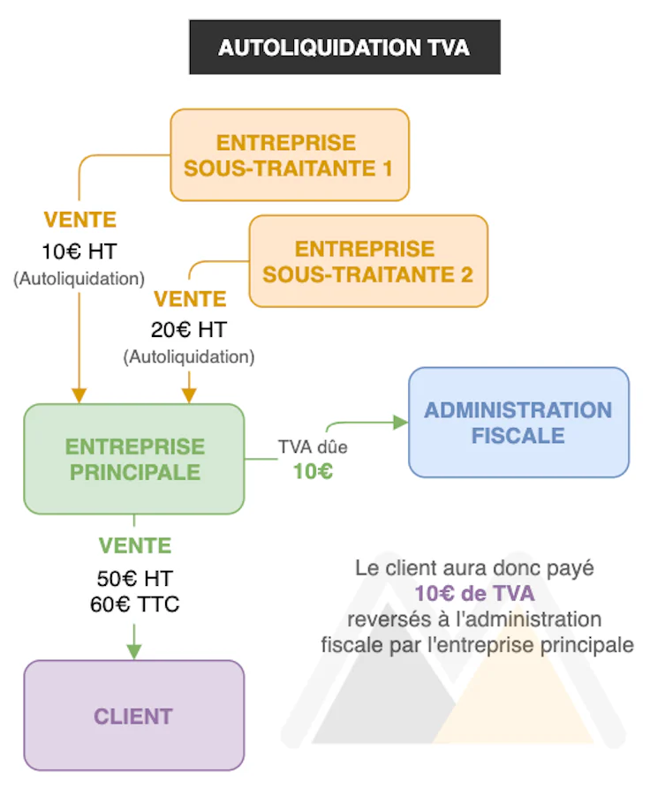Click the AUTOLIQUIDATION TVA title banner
pyautogui.click(x=344, y=47)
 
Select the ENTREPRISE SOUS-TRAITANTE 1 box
pyautogui.click(x=290, y=154)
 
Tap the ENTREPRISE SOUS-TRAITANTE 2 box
pyautogui.click(x=368, y=261)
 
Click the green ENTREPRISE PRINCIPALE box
pyautogui.click(x=134, y=459)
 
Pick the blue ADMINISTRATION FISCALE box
pyautogui.click(x=518, y=423)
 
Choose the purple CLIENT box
pyautogui.click(x=133, y=716)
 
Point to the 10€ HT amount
pyautogui.click(x=79, y=251)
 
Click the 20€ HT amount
pyautogui.click(x=188, y=330)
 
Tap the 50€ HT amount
pyautogui.click(x=134, y=579)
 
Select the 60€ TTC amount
pyautogui.click(x=134, y=604)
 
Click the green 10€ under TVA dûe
pyautogui.click(x=313, y=471)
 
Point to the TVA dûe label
pyautogui.click(x=313, y=447)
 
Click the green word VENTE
pyautogui.click(x=134, y=545)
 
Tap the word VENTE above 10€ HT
pyautogui.click(x=79, y=220)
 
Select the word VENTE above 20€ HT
pyautogui.click(x=189, y=299)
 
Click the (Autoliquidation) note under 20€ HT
pyautogui.click(x=189, y=357)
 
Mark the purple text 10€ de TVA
pyautogui.click(x=474, y=594)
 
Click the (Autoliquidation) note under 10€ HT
pyautogui.click(x=79, y=279)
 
